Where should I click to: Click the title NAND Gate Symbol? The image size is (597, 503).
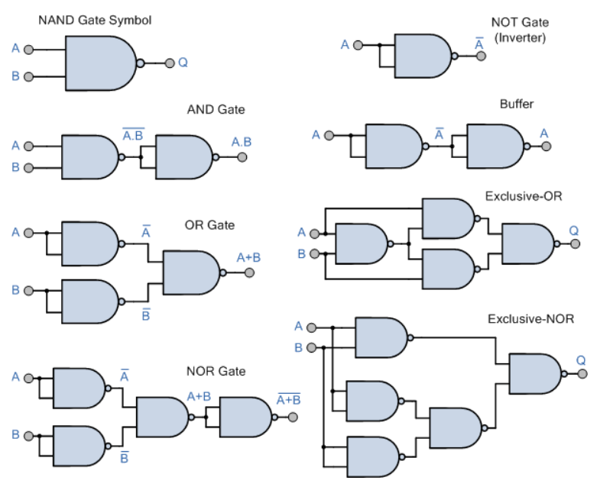[x=95, y=20]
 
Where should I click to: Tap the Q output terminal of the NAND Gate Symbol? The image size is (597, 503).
[x=170, y=63]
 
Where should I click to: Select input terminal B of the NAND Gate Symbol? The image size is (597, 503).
[x=28, y=77]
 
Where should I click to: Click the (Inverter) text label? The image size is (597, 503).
[x=520, y=37]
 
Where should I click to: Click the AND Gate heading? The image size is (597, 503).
[x=216, y=109]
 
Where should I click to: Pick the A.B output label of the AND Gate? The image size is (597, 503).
[x=242, y=142]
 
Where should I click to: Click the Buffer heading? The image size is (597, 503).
[x=517, y=104]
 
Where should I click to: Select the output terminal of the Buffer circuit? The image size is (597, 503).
[x=547, y=147]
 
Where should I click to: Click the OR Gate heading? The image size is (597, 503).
[x=209, y=225]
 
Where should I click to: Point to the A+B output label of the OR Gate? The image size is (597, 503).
[x=248, y=258]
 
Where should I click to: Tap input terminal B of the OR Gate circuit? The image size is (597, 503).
[x=28, y=291]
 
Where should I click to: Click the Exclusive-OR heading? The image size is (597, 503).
[x=524, y=196]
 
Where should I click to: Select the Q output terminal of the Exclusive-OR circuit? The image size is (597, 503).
[x=576, y=243]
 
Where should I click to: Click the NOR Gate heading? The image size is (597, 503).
[x=216, y=371]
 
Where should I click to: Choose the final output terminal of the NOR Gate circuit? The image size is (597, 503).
[x=293, y=418]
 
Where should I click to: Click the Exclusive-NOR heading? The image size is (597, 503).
[x=530, y=318]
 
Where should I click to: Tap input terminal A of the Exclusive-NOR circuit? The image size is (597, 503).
[x=311, y=327]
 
